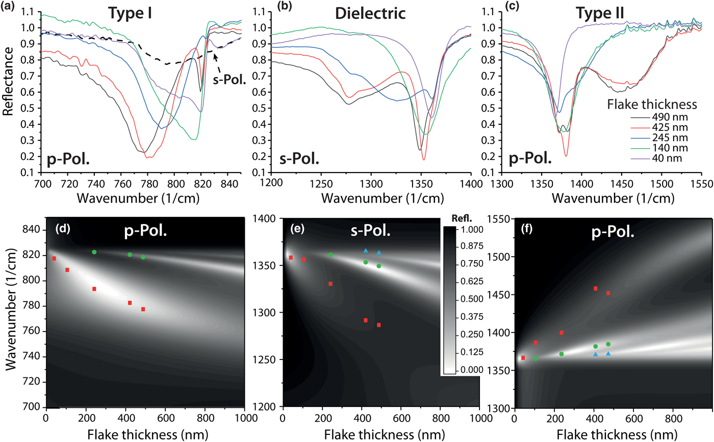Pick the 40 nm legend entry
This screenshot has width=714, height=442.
(657, 158)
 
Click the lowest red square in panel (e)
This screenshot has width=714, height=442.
(379, 325)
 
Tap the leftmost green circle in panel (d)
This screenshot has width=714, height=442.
(94, 252)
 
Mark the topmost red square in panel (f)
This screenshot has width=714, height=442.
(595, 289)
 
